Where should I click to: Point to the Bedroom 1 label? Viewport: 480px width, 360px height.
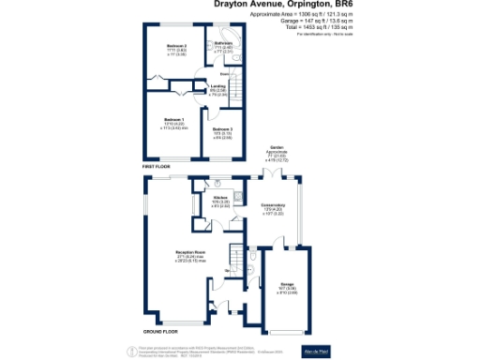(x=173, y=120)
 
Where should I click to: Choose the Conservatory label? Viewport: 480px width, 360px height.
(x=274, y=205)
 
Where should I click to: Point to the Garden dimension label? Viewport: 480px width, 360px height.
(x=277, y=153)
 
